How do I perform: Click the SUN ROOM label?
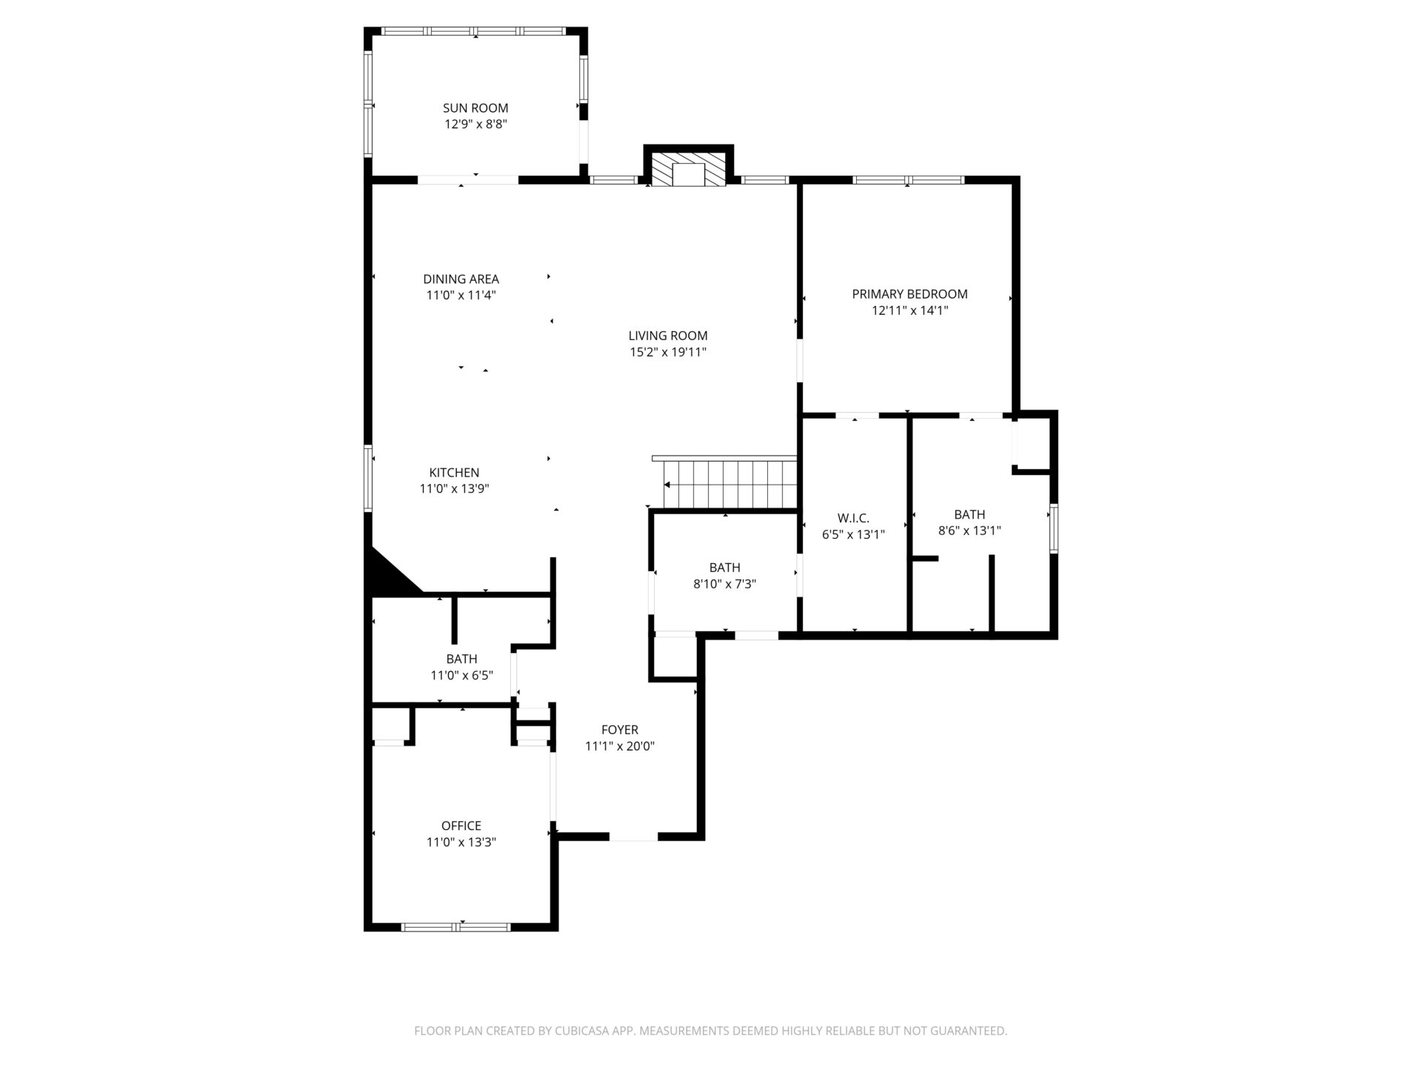pos(475,108)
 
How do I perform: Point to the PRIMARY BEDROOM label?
pos(909,294)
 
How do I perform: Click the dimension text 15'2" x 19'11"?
pos(668,352)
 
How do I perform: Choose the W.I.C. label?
pos(853,518)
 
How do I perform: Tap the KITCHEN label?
pos(454,473)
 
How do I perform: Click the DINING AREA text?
pos(461,279)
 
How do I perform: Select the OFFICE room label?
pos(461,825)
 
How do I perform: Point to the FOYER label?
pos(620,730)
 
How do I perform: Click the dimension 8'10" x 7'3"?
pos(724,584)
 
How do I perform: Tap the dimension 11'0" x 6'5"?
pos(461,676)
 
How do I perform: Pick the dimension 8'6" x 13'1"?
pos(969,531)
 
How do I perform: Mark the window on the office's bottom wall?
pos(455,927)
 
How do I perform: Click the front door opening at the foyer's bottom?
pos(633,837)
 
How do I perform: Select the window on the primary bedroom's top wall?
pos(909,179)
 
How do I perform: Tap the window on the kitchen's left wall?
pos(368,478)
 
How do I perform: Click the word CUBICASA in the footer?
pos(601,1031)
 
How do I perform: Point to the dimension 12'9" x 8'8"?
pos(475,124)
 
